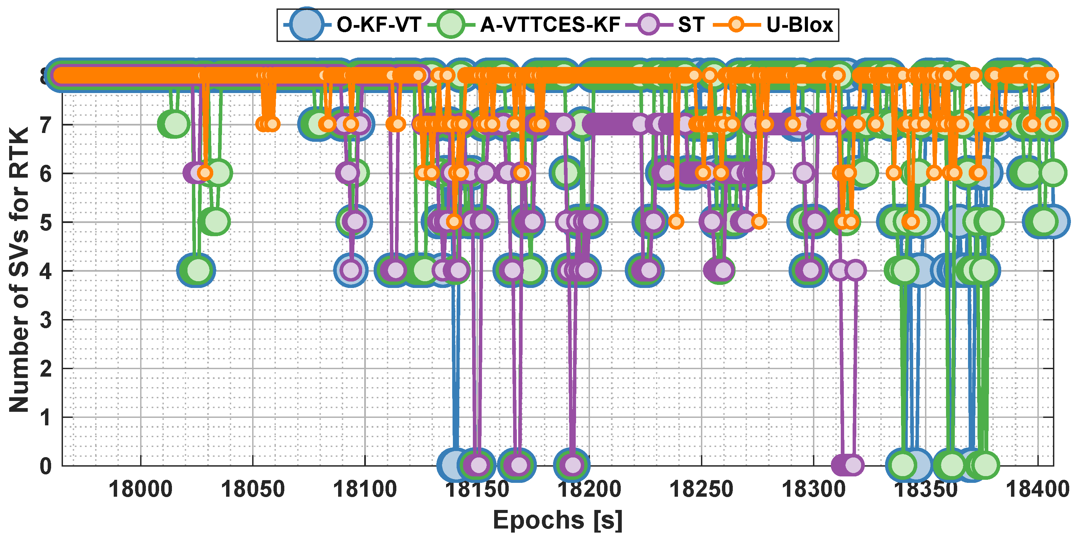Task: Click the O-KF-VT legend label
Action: coord(379,25)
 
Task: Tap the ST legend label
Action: coord(691,25)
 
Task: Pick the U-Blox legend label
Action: coord(799,25)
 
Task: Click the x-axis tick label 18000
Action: coord(140,489)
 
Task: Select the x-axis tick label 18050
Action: coord(252,489)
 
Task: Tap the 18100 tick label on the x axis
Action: coord(365,489)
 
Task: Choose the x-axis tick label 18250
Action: coord(701,489)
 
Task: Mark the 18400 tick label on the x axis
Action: coord(1037,489)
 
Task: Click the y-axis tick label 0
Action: coord(46,466)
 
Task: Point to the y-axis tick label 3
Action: coord(46,320)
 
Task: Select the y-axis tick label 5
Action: coord(46,222)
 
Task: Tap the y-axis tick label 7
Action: coord(46,125)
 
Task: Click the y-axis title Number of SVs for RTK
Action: coord(19,270)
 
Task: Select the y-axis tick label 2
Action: coord(46,368)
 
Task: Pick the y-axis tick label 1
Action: coord(46,417)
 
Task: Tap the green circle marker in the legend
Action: coord(451,25)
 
